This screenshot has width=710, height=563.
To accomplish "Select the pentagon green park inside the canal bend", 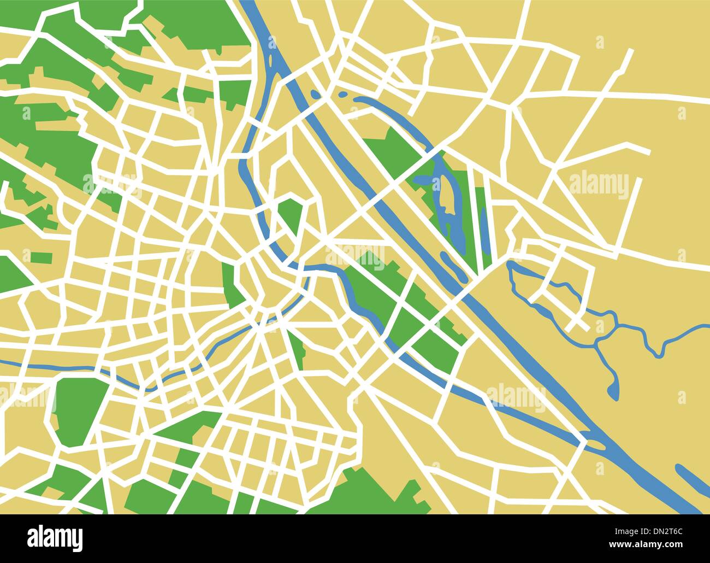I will click(x=291, y=216).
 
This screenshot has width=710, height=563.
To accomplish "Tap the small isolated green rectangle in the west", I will click(x=42, y=257).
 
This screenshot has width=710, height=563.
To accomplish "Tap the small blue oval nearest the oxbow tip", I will click(x=342, y=95).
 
